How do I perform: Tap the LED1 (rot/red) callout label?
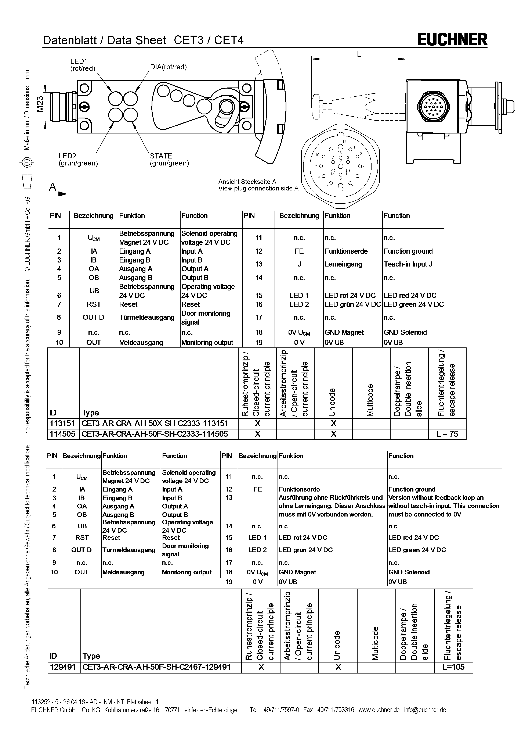point(83,65)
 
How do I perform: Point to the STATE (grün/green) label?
point(169,160)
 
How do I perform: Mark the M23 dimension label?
point(40,104)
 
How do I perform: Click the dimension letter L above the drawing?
point(359,54)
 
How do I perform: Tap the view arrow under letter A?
point(58,194)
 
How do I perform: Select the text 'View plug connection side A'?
point(258,188)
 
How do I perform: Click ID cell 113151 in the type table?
point(62,423)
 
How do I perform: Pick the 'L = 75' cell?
point(447,434)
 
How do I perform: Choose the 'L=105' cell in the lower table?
point(454,667)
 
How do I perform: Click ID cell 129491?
point(63,667)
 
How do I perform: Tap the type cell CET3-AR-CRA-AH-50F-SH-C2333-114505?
point(155,434)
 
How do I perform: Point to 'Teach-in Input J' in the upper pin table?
point(408,264)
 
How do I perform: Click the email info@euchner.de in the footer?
point(425,710)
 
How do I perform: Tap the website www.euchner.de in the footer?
point(379,710)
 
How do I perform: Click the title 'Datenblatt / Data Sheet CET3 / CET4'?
point(143,40)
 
